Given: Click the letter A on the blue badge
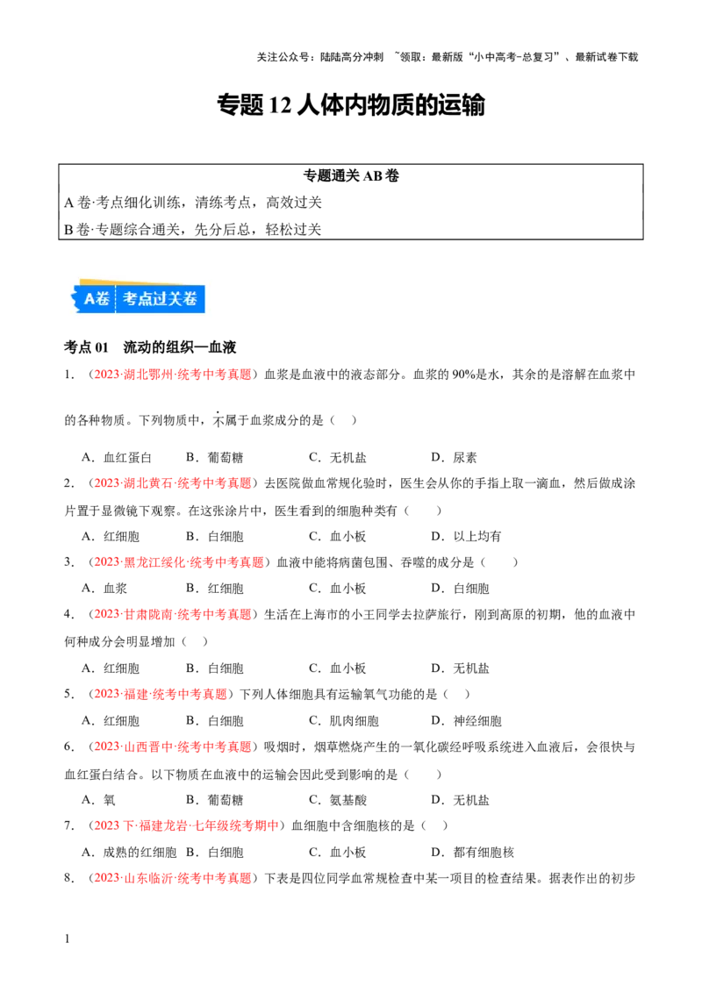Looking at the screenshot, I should (89, 299).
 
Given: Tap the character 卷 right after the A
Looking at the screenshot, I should (104, 299).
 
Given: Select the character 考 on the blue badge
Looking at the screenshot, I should (131, 299).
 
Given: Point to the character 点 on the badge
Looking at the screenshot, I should (147, 299).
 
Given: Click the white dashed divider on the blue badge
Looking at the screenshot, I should (116, 299).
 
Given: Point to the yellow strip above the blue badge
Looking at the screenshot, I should (132, 282).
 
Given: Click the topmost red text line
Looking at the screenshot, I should (172, 375).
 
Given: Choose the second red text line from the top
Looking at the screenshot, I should (172, 482).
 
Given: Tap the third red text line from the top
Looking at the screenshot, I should (179, 561).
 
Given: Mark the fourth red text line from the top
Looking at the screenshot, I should (172, 615).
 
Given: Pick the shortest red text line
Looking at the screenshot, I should (161, 694).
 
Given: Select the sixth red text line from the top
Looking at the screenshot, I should (172, 747).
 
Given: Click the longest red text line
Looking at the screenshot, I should (186, 825).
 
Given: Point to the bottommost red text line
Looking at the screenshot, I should (172, 877).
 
